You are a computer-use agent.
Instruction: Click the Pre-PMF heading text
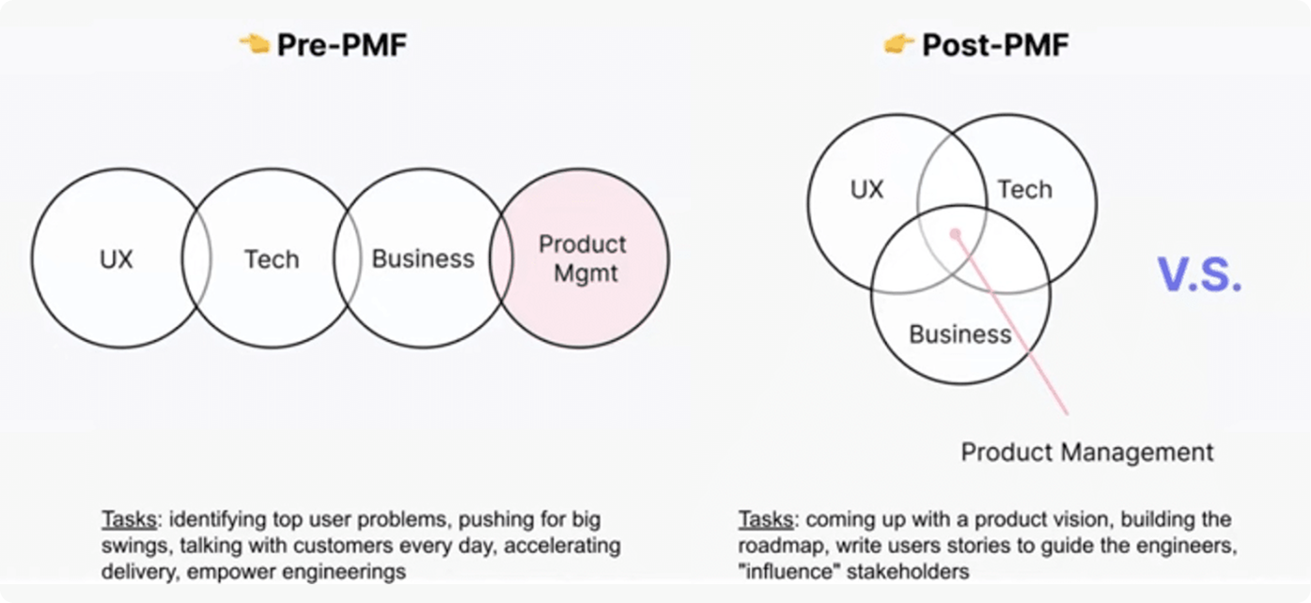[x=341, y=45]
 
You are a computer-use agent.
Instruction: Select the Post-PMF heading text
[x=994, y=45]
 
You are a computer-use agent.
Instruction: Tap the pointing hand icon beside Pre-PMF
[x=254, y=44]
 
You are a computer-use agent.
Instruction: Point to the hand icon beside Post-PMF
[x=899, y=44]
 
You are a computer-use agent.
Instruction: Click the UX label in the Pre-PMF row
[x=117, y=259]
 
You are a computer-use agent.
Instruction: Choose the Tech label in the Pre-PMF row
[x=272, y=259]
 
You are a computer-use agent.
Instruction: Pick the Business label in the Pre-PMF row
[x=423, y=259]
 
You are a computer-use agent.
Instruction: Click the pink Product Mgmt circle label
[x=583, y=259]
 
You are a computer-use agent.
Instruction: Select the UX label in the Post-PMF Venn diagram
[x=866, y=190]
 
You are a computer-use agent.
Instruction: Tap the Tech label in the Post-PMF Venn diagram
[x=1024, y=190]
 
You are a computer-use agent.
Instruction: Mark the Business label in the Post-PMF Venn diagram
[x=960, y=334]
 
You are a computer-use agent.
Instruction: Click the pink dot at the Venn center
[x=955, y=233]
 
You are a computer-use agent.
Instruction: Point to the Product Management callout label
[x=1086, y=452]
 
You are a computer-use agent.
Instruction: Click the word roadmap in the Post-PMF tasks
[x=773, y=546]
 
